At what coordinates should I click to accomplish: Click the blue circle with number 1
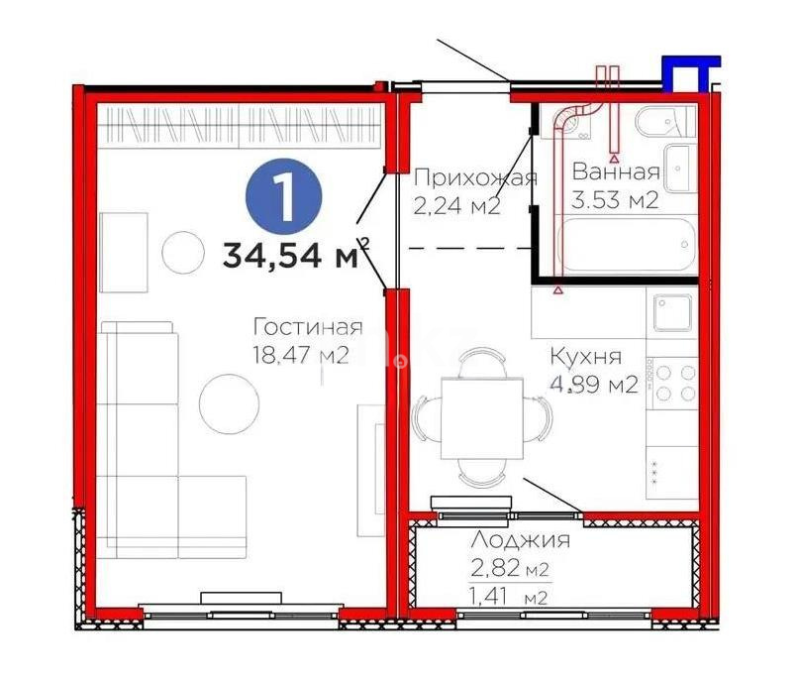(x=286, y=196)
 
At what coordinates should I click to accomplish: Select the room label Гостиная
(x=307, y=327)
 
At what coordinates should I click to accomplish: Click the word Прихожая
(x=475, y=178)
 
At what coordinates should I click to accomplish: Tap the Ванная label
(x=616, y=170)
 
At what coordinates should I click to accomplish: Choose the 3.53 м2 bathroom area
(x=616, y=199)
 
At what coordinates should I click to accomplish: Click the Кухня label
(x=586, y=358)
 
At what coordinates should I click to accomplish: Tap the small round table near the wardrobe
(x=184, y=252)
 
